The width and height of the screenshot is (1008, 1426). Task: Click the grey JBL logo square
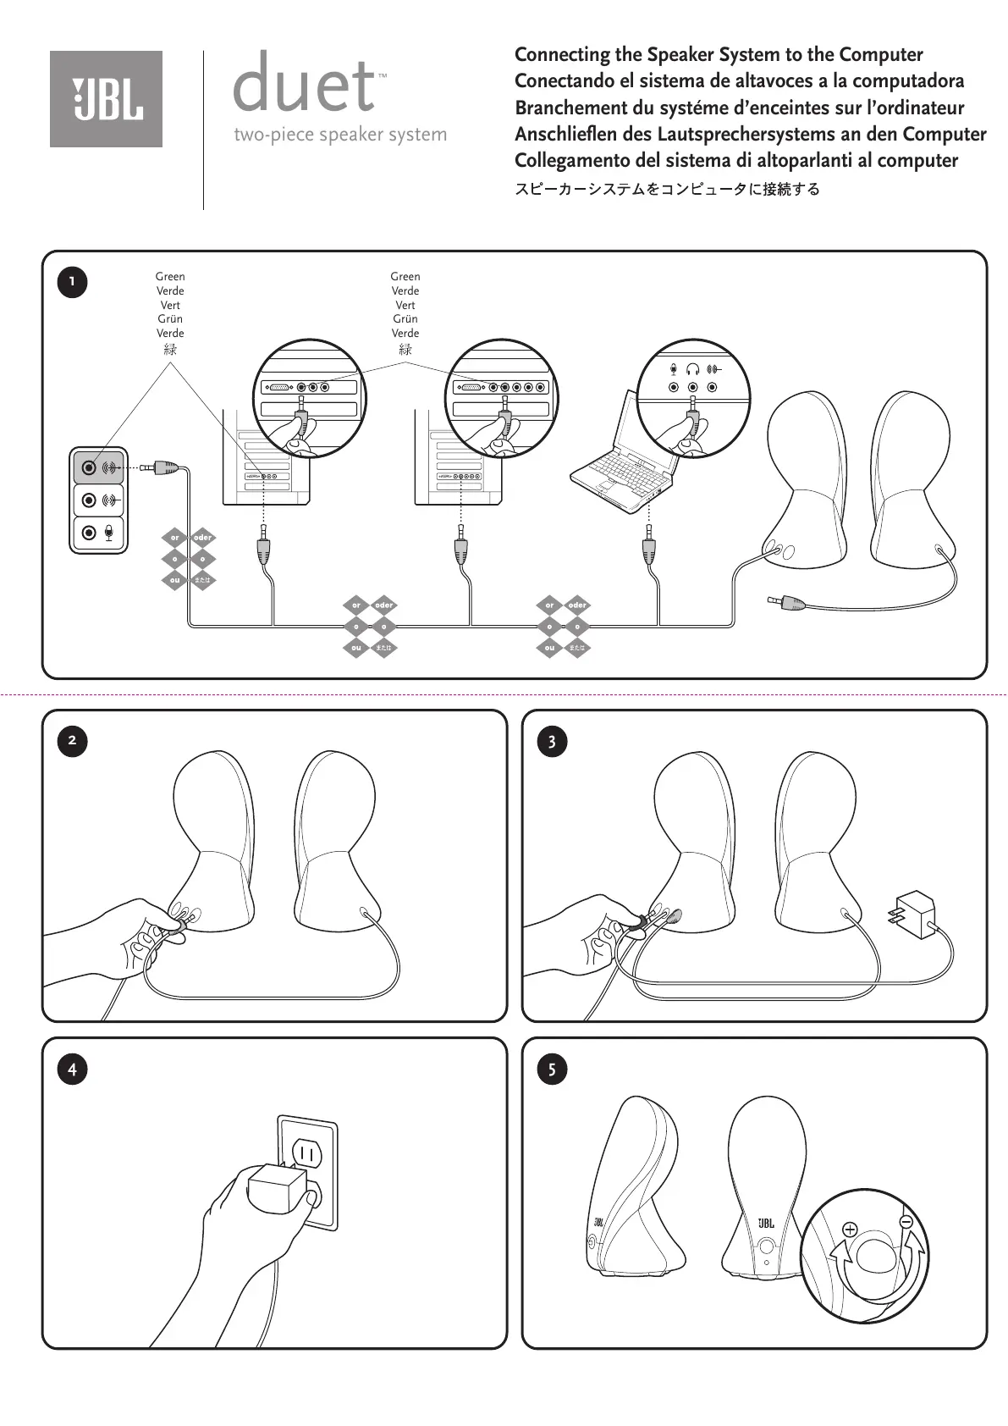106,99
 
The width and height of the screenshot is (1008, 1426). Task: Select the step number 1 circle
72,281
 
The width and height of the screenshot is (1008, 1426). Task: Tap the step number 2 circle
72,741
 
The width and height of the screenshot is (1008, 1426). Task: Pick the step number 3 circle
552,742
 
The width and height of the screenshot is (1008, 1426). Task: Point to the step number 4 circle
72,1069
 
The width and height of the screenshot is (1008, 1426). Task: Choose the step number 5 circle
552,1069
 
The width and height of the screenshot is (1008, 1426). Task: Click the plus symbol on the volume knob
850,1230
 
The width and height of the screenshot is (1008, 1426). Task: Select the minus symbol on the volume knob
906,1221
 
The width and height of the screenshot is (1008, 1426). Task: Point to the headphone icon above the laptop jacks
692,369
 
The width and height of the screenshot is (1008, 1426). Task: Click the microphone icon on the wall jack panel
109,533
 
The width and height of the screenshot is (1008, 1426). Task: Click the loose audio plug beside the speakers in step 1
787,602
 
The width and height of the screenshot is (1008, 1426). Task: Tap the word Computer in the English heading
880,55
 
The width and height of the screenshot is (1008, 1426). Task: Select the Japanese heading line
667,189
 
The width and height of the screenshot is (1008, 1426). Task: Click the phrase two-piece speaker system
340,135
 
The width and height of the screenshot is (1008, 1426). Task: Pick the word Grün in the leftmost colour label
170,319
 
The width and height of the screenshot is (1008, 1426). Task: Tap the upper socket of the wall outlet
306,1153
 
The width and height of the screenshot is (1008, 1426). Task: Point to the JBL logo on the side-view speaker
598,1222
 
